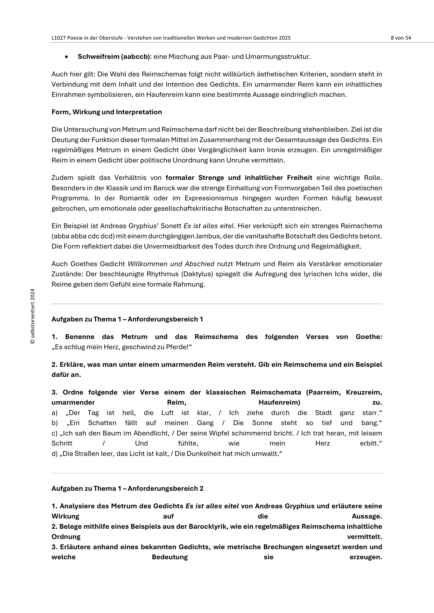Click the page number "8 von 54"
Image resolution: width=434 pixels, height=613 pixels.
pos(401,38)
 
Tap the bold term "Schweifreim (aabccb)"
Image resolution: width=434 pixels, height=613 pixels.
pos(114,57)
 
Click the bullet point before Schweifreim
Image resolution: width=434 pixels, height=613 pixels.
pos(66,57)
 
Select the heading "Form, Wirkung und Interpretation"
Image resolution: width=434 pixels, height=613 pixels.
pos(107,112)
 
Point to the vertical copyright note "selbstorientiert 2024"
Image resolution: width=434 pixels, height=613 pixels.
pos(33,316)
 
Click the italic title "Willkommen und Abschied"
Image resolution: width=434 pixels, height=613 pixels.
pos(171,264)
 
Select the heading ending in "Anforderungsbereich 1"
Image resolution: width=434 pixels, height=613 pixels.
pos(127,319)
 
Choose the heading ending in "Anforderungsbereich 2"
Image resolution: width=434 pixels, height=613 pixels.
pos(127,488)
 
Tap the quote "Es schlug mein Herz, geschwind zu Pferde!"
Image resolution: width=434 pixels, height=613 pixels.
pos(121,347)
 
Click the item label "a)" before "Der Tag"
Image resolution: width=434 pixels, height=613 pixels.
pos(55,413)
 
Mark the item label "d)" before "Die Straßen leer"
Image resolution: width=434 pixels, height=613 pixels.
pos(55,454)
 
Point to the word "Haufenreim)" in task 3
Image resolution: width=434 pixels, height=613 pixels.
pos(279,402)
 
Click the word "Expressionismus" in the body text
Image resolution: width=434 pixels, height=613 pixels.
pos(209,198)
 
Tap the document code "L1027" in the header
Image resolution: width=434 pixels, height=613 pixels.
pos(59,38)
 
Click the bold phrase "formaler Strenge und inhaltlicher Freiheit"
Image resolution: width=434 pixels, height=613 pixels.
pos(239,177)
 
